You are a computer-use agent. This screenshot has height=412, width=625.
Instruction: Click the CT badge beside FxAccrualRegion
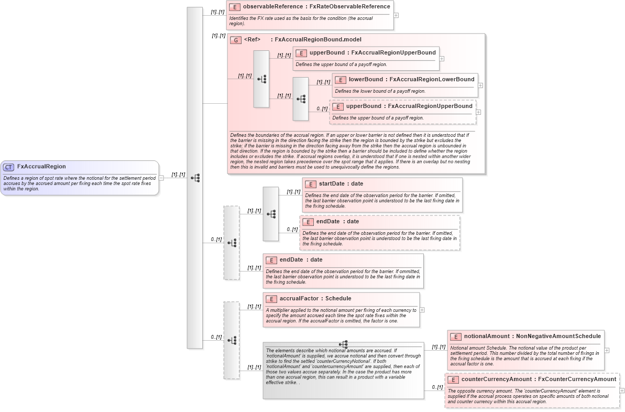(8, 167)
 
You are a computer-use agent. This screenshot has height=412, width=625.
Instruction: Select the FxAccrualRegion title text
(41, 167)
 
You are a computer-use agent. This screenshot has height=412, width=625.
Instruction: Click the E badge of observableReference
(235, 7)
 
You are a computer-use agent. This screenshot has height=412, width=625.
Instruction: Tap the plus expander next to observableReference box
(396, 15)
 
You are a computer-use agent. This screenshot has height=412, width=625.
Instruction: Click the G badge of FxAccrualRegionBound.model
(236, 40)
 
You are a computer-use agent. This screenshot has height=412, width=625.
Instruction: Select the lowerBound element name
(366, 80)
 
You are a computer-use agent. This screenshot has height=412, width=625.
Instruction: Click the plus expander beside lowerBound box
(480, 85)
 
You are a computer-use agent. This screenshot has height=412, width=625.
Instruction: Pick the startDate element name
(332, 184)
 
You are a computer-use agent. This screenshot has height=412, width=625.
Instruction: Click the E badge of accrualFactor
(271, 299)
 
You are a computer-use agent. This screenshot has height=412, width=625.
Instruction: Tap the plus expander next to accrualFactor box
(422, 310)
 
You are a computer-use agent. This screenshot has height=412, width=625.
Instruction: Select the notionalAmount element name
(487, 337)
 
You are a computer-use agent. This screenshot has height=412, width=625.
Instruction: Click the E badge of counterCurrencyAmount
(453, 380)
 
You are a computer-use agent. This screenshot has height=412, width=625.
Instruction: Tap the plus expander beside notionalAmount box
(607, 350)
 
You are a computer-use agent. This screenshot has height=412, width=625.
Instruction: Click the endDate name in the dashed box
(327, 222)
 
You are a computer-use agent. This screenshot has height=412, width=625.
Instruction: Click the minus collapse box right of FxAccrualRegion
(161, 178)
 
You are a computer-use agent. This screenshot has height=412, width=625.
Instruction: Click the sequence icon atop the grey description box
(343, 344)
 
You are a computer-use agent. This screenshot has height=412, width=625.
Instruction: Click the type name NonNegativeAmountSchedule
(558, 337)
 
